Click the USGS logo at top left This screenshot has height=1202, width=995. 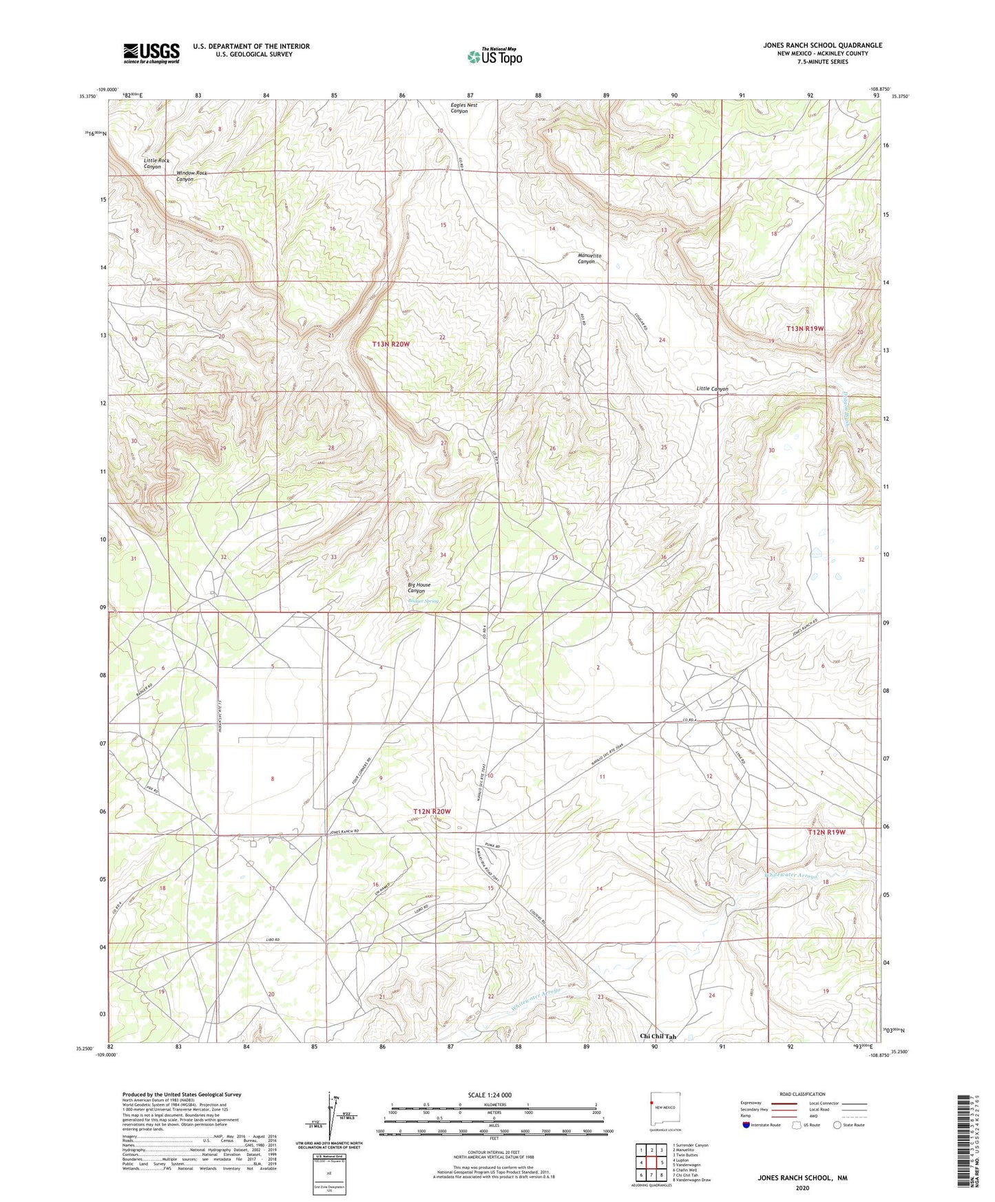point(151,53)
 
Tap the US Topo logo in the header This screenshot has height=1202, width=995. point(494,56)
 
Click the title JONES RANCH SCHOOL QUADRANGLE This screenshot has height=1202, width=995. point(822,45)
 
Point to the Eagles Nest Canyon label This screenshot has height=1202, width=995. point(463,108)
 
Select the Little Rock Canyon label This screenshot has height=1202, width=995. point(156,163)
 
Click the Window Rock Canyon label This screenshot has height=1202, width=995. point(191,176)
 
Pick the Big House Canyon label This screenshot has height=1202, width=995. point(419,587)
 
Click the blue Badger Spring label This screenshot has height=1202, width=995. point(423,601)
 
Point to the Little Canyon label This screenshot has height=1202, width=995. point(712,389)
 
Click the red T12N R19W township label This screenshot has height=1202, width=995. point(826,832)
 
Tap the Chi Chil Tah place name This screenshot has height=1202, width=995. point(658,1036)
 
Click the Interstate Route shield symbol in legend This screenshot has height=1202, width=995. point(747,1125)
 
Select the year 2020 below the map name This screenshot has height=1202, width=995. point(802,1188)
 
